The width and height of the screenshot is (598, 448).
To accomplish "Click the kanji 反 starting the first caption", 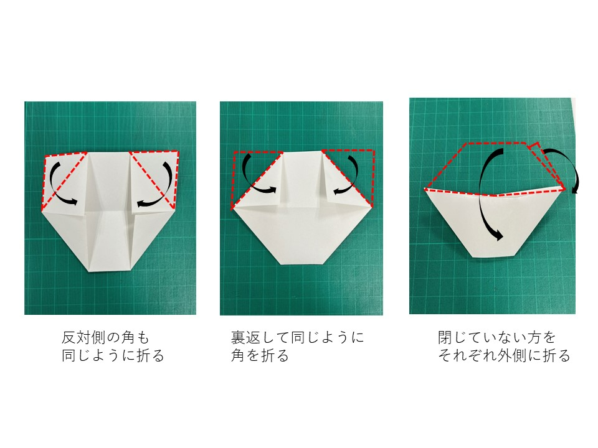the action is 69,337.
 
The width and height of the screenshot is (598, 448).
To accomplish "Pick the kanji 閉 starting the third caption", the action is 445,337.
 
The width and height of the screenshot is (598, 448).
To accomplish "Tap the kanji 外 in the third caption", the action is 505,355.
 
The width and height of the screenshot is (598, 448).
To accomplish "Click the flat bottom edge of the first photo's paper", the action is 110,272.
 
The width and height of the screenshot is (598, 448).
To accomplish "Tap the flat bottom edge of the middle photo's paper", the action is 302,264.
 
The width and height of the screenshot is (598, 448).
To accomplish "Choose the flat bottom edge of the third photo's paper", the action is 493,257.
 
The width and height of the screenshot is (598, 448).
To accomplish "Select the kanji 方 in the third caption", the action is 534,337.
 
